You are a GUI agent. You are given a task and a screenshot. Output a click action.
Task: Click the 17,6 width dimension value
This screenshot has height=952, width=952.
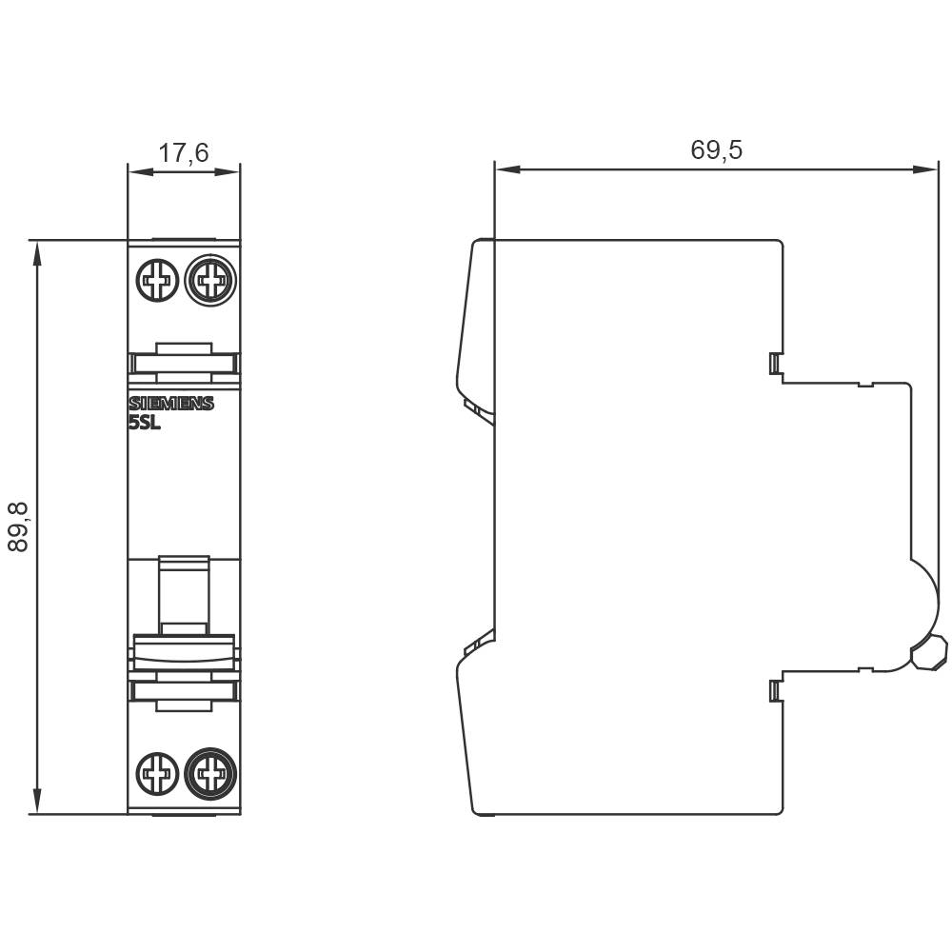(184, 152)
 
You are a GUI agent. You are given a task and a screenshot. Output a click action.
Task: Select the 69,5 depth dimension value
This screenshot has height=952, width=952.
(716, 149)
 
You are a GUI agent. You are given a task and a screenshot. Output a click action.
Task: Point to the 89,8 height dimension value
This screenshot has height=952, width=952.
(19, 526)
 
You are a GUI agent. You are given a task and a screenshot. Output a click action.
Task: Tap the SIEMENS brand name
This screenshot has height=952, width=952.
(171, 404)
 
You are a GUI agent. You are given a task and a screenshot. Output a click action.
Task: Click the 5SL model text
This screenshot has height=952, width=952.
(145, 425)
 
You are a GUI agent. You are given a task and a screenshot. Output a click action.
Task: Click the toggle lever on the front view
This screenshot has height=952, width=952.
(184, 595)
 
